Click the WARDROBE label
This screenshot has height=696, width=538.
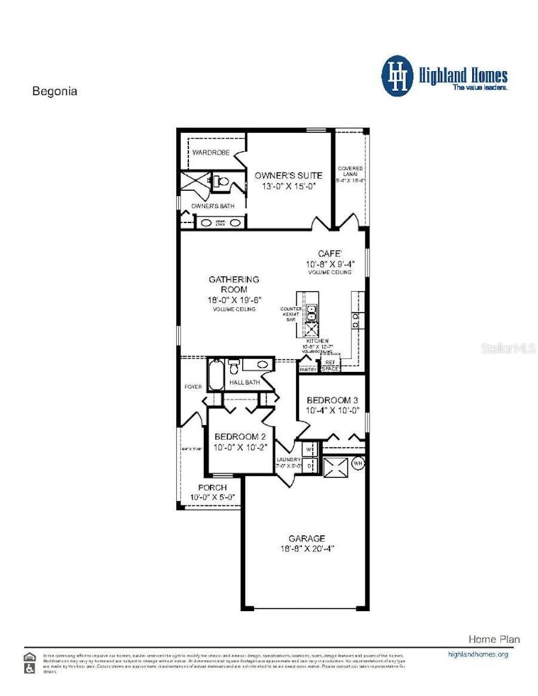[x=210, y=152]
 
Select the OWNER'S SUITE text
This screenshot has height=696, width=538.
[x=288, y=175]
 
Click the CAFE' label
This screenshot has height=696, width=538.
[x=329, y=254]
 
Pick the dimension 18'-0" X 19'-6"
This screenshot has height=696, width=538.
[x=234, y=300]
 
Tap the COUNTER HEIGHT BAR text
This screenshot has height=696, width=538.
[x=291, y=314]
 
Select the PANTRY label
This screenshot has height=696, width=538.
[x=307, y=370]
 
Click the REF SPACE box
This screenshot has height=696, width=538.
[x=330, y=365]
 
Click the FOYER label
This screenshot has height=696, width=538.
[x=192, y=387]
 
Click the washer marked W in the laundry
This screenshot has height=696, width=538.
[x=310, y=448]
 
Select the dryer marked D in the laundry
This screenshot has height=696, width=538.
[x=310, y=464]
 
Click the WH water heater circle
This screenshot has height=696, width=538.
[x=358, y=463]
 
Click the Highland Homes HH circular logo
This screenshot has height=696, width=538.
[x=397, y=76]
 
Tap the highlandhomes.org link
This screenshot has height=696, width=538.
[x=478, y=654]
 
